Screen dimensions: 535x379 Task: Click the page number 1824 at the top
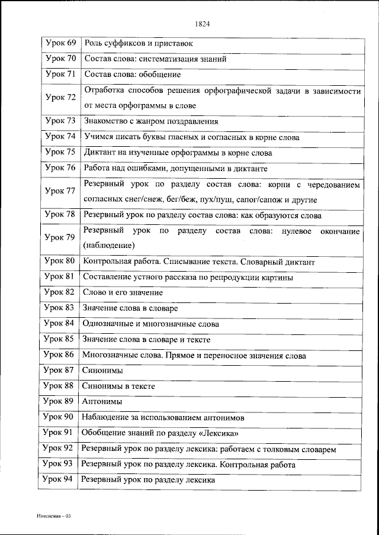(202, 24)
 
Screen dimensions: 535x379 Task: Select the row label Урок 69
(60, 43)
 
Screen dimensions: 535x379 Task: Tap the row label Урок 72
(60, 98)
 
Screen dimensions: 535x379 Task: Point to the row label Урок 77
(60, 191)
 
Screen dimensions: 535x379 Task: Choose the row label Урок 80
(60, 261)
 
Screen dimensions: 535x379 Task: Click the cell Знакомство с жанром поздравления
(152, 121)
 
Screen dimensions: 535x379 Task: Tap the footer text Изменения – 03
(53, 516)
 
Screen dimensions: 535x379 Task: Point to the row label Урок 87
(59, 370)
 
